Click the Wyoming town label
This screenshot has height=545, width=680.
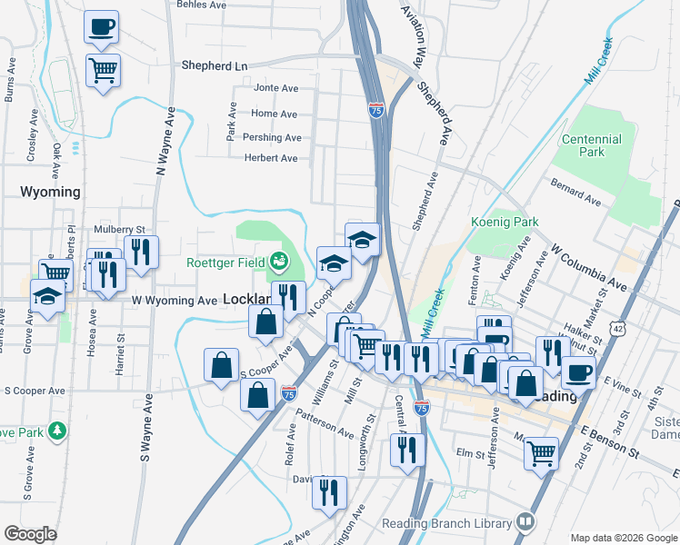(50, 192)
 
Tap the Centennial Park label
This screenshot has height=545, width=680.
(592, 145)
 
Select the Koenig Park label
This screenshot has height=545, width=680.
(505, 222)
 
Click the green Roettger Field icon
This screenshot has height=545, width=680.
(280, 263)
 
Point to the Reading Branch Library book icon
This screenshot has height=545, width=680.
(525, 522)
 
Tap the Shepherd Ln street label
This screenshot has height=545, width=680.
(215, 65)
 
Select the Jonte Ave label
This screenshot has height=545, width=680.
(276, 88)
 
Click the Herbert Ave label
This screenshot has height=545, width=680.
(271, 158)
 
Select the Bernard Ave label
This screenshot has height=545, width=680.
(575, 192)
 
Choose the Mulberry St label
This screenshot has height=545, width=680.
(119, 230)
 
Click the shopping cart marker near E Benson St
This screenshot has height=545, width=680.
(541, 451)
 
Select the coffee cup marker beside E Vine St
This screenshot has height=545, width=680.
(578, 371)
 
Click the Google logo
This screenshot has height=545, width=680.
(30, 533)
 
